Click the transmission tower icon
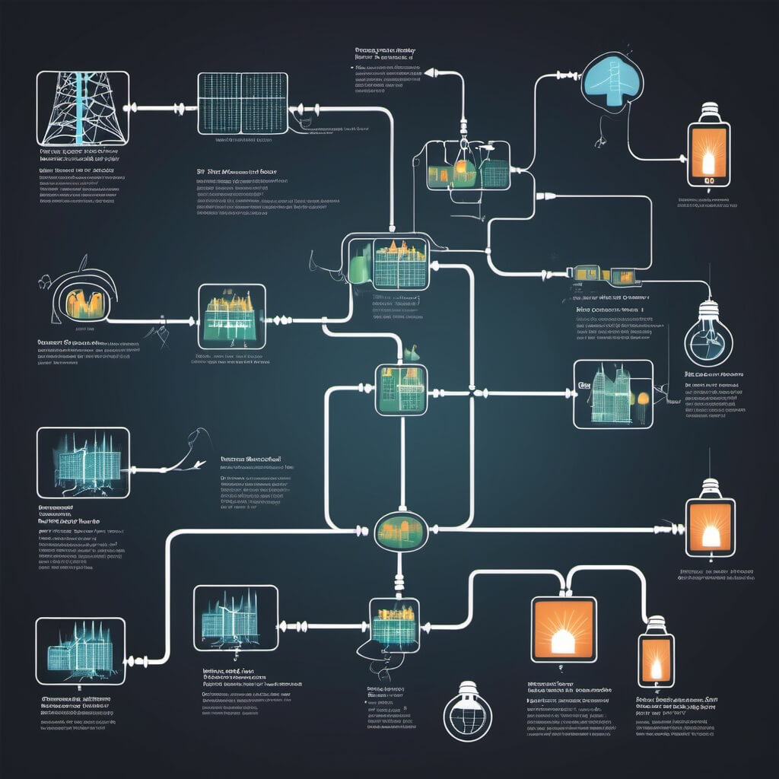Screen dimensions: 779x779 [83, 109]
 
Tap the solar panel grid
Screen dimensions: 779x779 [243, 103]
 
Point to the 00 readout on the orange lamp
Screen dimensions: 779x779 [708, 181]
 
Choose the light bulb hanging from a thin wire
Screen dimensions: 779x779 [708, 336]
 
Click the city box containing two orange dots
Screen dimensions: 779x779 [612, 393]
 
